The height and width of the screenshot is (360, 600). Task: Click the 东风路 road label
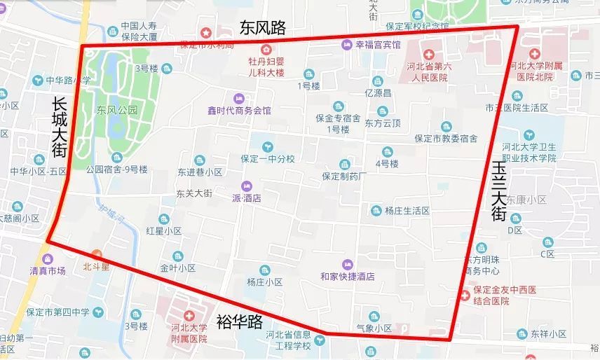pyautogui.click(x=263, y=27)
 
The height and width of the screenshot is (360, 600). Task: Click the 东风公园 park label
pyautogui.click(x=117, y=110)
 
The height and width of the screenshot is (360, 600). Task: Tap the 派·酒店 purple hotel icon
pyautogui.click(x=246, y=186)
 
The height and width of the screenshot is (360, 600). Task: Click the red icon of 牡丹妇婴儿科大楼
pyautogui.click(x=266, y=49)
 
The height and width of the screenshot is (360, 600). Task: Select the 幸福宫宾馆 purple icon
pyautogui.click(x=347, y=45)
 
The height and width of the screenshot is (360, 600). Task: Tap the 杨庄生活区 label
pyautogui.click(x=407, y=210)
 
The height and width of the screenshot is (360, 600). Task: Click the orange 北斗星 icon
pyautogui.click(x=96, y=254)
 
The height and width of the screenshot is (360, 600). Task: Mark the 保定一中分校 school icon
pyautogui.click(x=266, y=146)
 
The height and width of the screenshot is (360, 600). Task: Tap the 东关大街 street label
pyautogui.click(x=194, y=193)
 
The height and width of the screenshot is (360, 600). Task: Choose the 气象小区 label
pyautogui.click(x=373, y=328)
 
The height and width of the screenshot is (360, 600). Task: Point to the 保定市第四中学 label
pyautogui.click(x=50, y=312)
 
